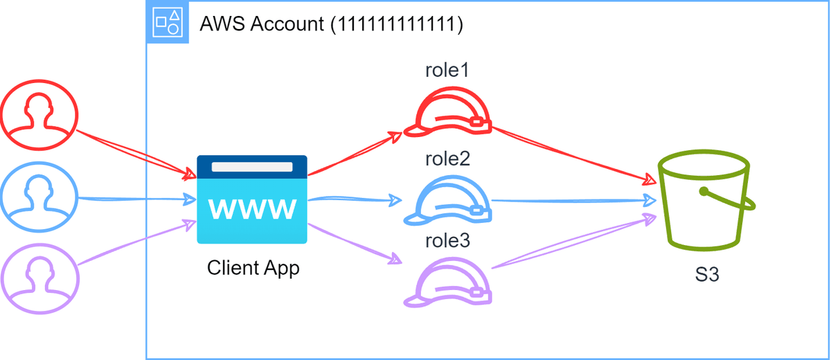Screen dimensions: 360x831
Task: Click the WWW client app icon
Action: click(252, 199)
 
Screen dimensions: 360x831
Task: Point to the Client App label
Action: click(253, 267)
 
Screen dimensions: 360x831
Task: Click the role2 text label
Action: click(448, 159)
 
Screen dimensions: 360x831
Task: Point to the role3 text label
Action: click(448, 241)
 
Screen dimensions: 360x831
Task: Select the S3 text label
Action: click(707, 275)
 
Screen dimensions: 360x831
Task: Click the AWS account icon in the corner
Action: click(168, 22)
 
